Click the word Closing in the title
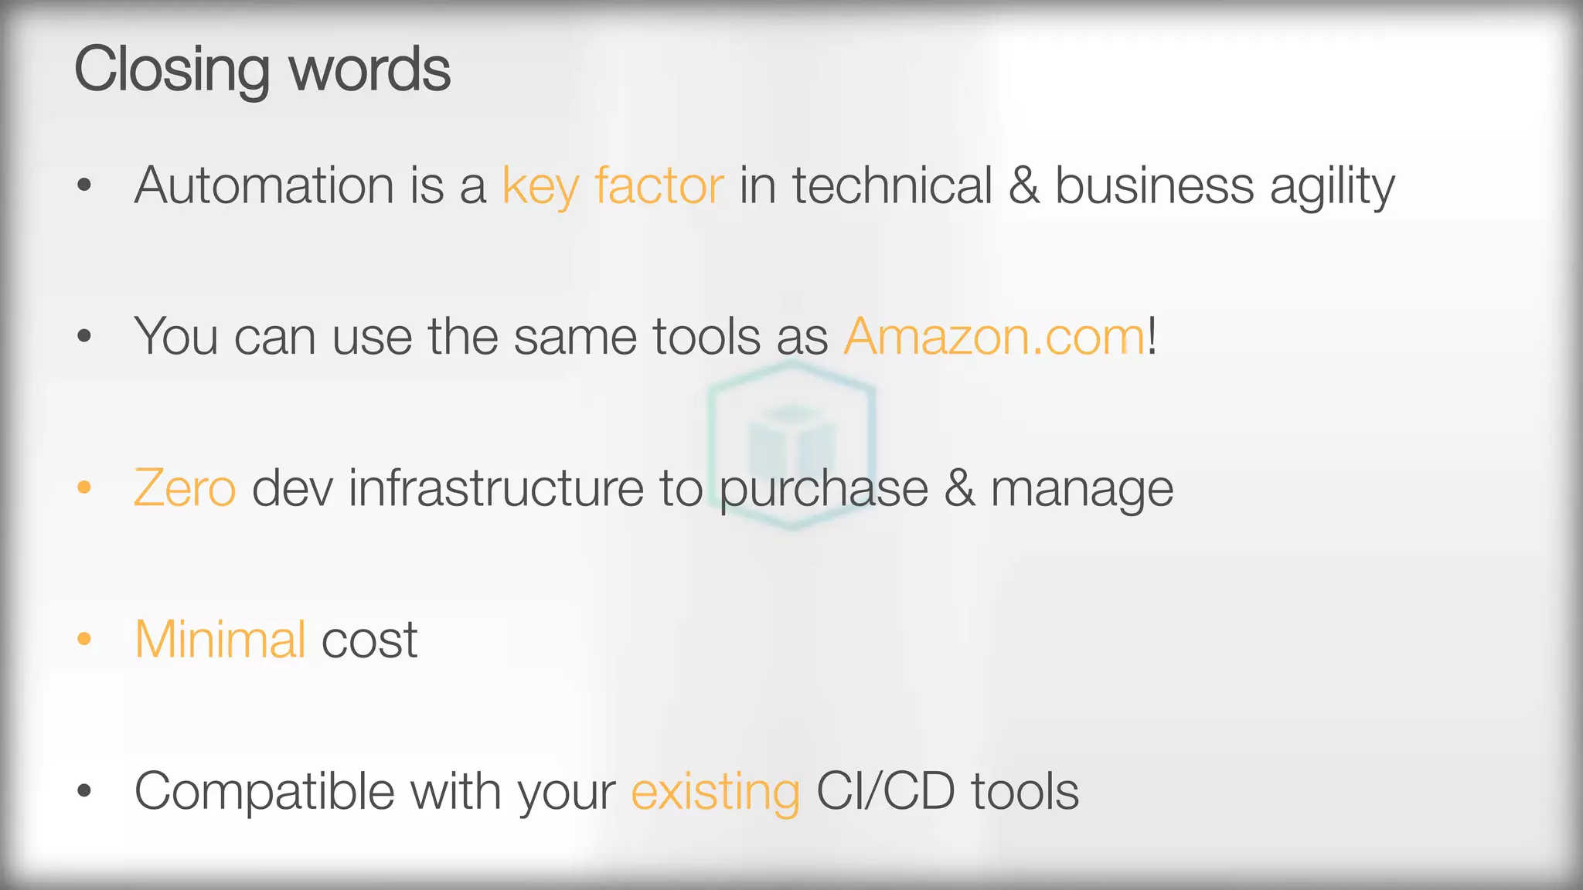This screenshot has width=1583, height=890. [x=172, y=70]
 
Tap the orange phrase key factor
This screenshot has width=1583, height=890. [x=613, y=187]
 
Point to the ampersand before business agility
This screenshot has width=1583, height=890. [x=1023, y=185]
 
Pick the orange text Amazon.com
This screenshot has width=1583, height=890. [x=994, y=337]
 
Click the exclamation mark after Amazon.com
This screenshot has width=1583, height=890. [x=1152, y=335]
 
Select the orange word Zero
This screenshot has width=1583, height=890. [x=185, y=488]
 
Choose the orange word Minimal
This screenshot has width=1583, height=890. [x=221, y=640]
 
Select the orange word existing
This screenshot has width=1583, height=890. [x=716, y=793]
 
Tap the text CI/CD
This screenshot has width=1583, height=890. [x=885, y=791]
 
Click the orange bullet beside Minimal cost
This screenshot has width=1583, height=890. [x=84, y=639]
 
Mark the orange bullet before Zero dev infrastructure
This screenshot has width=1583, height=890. [x=84, y=487]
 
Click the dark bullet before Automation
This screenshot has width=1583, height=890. [x=84, y=185]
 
